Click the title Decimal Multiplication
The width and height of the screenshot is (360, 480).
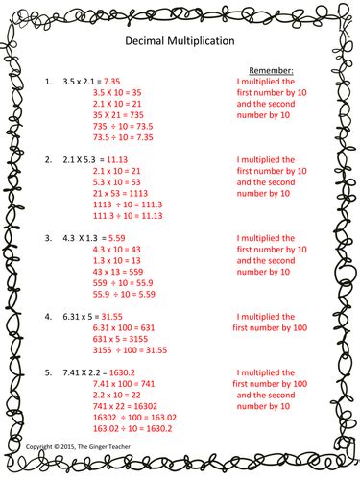180,43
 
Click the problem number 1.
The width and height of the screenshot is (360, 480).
49,84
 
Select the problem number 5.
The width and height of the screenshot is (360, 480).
49,369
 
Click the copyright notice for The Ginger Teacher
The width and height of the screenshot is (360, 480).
83,447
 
